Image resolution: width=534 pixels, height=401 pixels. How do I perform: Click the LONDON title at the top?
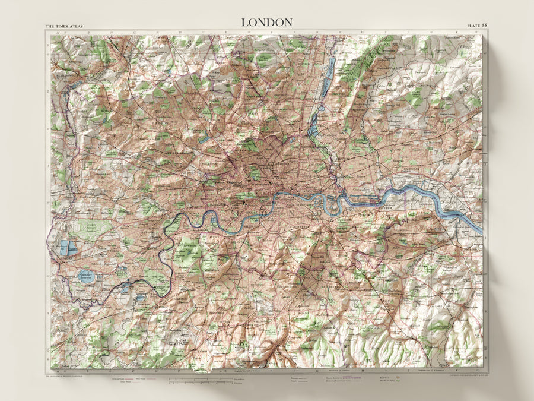click(x=266, y=22)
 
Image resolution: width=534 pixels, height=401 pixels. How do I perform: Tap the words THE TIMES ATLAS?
click(x=65, y=27)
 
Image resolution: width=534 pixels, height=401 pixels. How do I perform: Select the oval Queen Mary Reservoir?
click(x=88, y=275)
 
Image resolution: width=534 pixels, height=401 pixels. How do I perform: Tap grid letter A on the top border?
click(x=57, y=33)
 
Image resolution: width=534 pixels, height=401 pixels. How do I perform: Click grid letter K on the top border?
click(x=457, y=33)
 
